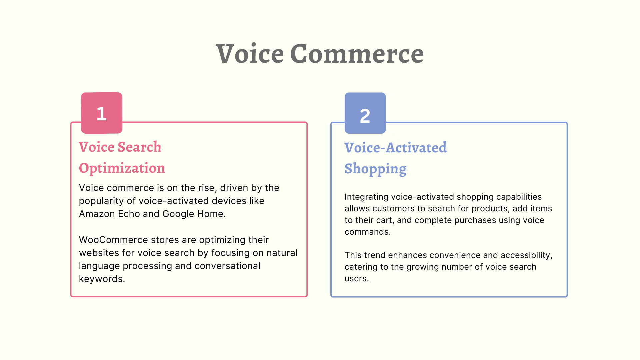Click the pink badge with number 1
point(102,113)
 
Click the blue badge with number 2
point(365,113)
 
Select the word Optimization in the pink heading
point(122,168)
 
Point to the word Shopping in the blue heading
point(375,169)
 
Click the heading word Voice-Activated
point(395,148)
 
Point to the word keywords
point(102,279)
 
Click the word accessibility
point(527,255)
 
